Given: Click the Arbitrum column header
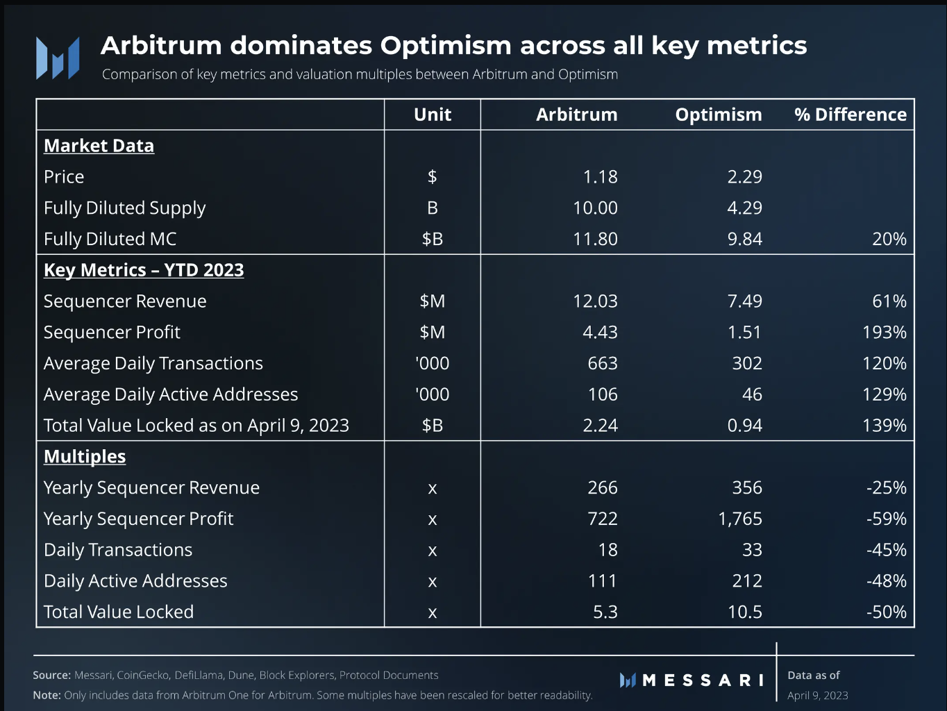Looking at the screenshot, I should pyautogui.click(x=576, y=115).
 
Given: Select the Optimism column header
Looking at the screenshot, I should pyautogui.click(x=718, y=115).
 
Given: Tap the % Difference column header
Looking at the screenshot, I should pyautogui.click(x=850, y=115).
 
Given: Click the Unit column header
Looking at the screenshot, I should pyautogui.click(x=432, y=115).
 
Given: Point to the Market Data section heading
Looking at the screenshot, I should pyautogui.click(x=99, y=146).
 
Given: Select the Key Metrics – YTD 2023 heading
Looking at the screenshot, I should pyautogui.click(x=144, y=270).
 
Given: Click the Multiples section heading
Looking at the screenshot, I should pyautogui.click(x=85, y=457).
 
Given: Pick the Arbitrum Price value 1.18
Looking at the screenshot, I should pyautogui.click(x=600, y=177).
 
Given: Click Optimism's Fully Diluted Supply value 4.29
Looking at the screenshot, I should pyautogui.click(x=744, y=208).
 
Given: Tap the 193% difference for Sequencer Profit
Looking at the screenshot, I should pyautogui.click(x=884, y=333).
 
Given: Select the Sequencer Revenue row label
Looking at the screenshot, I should pyautogui.click(x=125, y=301).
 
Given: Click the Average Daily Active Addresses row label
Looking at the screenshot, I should pyautogui.click(x=171, y=394).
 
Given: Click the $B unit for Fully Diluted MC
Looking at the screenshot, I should pyautogui.click(x=432, y=239).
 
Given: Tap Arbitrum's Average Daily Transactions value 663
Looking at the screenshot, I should pyautogui.click(x=602, y=363).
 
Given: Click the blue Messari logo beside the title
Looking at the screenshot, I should pyautogui.click(x=58, y=58).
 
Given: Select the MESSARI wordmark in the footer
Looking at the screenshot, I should pyautogui.click(x=702, y=680).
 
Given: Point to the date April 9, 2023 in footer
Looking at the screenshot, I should pyautogui.click(x=817, y=696).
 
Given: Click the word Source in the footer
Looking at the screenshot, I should pyautogui.click(x=51, y=675).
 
